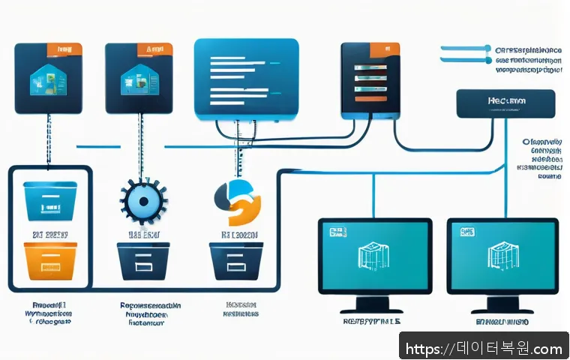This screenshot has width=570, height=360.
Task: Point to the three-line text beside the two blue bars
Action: point(529,61)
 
